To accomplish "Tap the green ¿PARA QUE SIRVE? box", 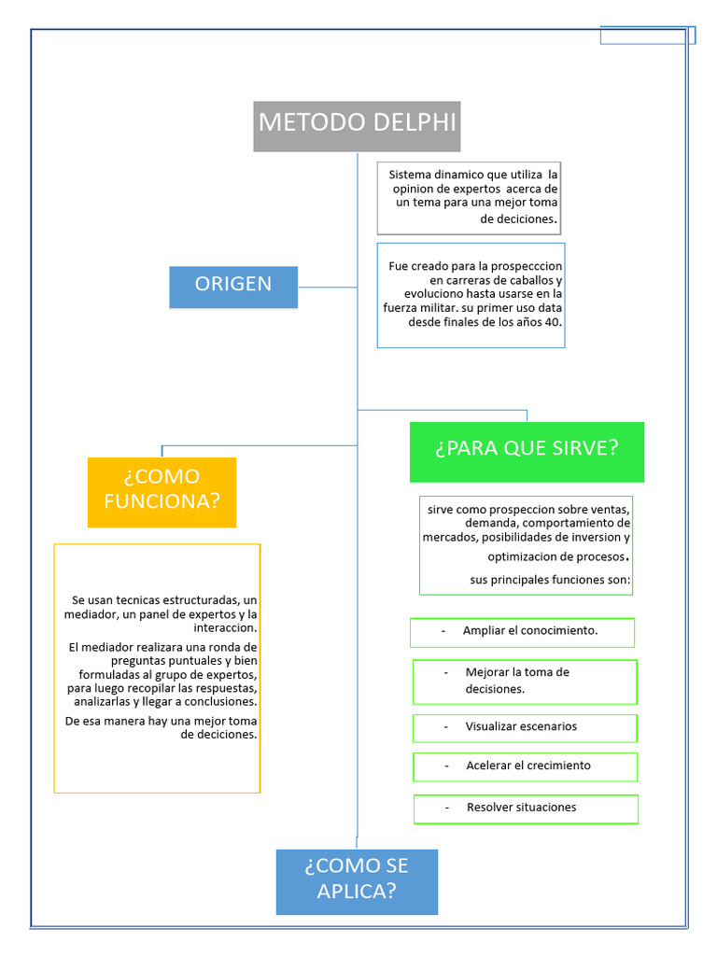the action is point(527,451).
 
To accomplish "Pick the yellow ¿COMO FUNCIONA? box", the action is point(162,491).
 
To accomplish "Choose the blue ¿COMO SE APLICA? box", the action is point(357,880).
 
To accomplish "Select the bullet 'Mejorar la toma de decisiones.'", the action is point(525,682).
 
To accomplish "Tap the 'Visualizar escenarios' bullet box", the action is point(525,727).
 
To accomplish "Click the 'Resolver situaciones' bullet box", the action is point(525,808).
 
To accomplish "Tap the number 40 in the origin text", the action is point(553,322).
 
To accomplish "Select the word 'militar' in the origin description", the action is point(451,308).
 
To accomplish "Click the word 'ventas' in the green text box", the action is point(612,510).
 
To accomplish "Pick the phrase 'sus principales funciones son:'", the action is point(550,581).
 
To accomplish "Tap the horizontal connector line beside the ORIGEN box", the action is point(327,287).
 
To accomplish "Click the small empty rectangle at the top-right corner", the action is point(647,35).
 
